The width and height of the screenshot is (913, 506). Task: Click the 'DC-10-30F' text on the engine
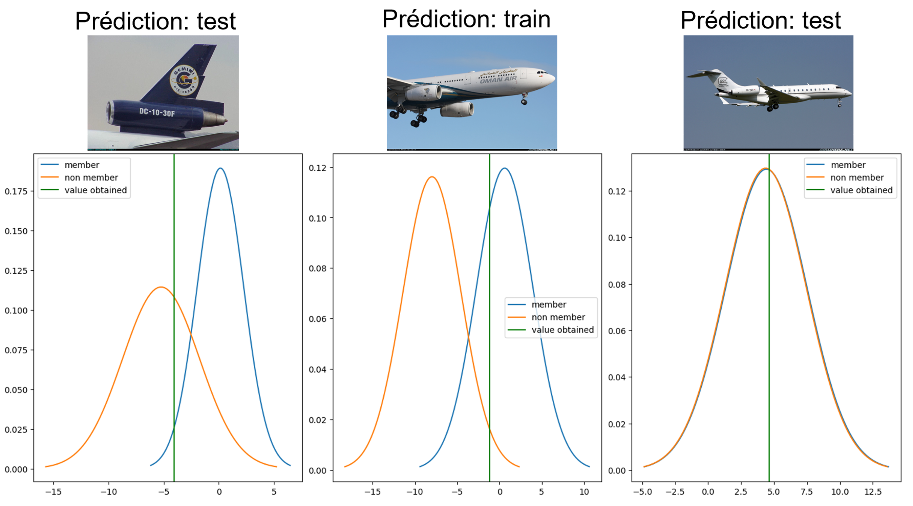[157, 112]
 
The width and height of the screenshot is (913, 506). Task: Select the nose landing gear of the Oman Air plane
[524, 100]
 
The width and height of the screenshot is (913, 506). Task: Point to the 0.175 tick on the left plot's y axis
[16, 192]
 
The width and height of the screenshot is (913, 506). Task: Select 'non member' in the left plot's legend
[91, 177]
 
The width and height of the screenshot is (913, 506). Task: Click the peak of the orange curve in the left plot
[161, 287]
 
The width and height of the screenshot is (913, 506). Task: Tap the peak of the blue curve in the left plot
[220, 168]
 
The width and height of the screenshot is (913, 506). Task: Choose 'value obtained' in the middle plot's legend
[562, 330]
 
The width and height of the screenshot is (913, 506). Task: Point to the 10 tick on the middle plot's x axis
[584, 492]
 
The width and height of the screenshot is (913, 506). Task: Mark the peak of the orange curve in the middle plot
[432, 177]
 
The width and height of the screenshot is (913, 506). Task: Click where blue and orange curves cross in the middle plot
[468, 338]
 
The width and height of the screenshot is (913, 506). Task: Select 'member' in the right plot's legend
[848, 165]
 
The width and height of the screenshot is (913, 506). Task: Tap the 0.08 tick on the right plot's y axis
[617, 285]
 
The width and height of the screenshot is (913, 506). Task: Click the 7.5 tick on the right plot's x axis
[807, 492]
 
